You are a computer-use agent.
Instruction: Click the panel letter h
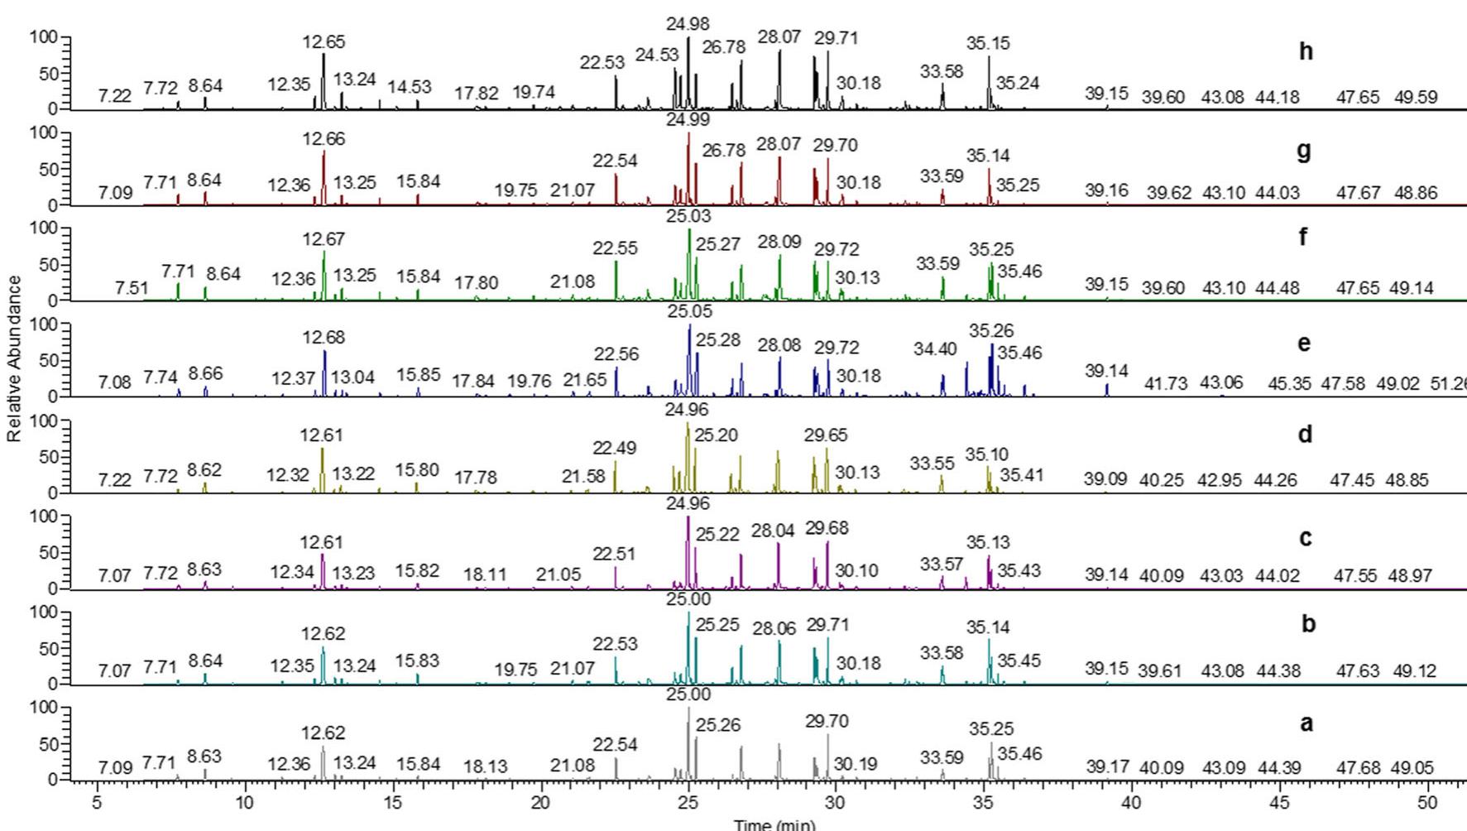(1306, 51)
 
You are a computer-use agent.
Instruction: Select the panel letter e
(1305, 343)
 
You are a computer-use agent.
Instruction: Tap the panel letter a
(1306, 723)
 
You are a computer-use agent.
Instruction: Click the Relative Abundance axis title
(14, 358)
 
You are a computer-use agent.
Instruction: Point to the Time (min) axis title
(774, 824)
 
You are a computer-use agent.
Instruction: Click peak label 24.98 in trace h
(688, 25)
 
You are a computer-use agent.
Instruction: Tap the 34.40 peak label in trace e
(935, 349)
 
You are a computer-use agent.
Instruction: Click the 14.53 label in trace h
(410, 86)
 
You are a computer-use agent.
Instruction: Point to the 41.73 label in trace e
(1166, 384)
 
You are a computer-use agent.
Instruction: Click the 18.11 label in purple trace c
(485, 574)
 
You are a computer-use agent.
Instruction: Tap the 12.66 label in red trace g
(324, 139)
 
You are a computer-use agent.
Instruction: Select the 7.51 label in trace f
(132, 288)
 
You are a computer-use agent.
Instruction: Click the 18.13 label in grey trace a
(485, 767)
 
